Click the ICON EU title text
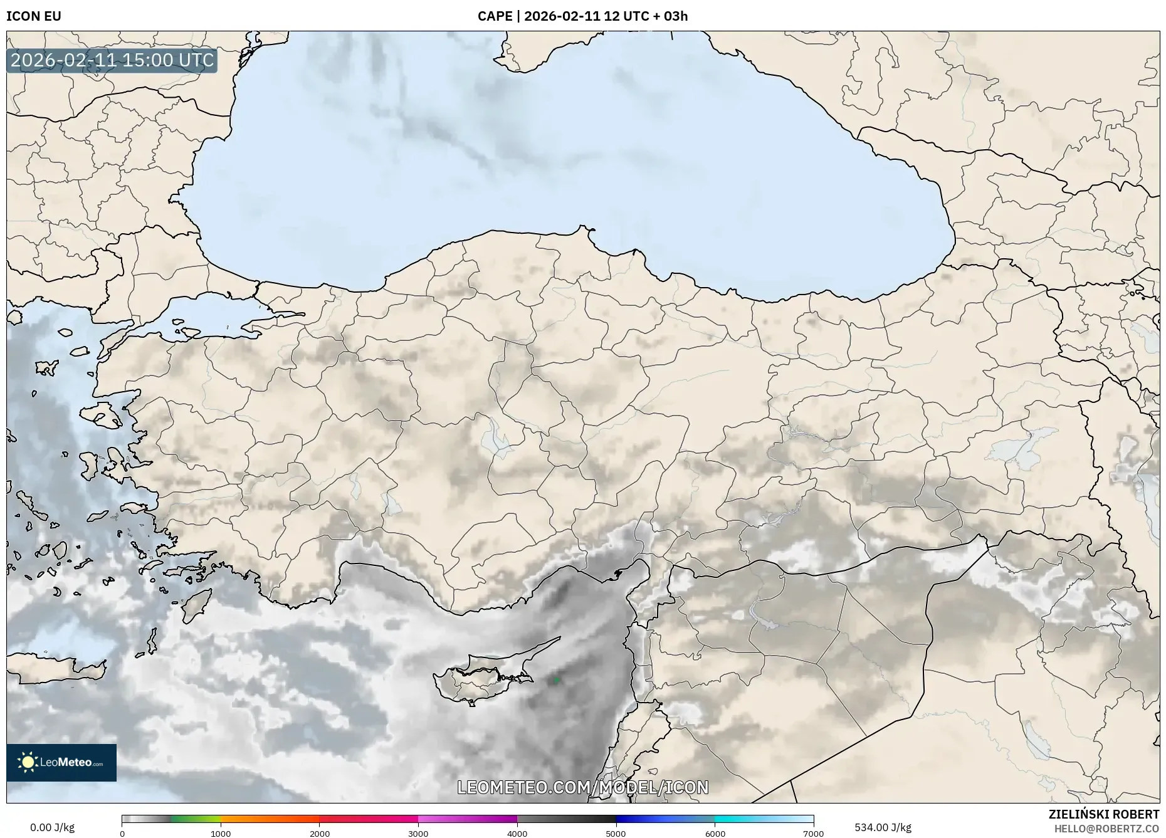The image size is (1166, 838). coord(34,16)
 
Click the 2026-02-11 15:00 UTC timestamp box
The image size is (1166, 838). coord(112,60)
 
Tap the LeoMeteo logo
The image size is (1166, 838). coord(61,762)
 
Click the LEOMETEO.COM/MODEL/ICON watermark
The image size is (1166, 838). coord(583,787)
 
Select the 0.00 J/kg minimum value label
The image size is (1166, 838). coord(52,827)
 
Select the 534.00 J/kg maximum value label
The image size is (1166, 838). coord(883,827)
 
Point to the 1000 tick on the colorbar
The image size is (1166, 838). coord(221,834)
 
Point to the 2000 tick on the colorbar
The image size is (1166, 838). coord(320,834)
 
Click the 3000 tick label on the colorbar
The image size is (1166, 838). coord(418,834)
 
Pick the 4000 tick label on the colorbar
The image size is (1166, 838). coord(517,834)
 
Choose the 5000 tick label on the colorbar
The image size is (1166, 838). coord(616,834)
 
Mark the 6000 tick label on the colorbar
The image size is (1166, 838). coord(715,834)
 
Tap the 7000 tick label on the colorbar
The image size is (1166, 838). coord(813,834)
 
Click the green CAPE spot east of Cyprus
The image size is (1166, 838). coord(556,679)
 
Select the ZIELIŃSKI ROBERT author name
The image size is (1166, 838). coord(1103,814)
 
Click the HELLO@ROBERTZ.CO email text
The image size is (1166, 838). coord(1106,829)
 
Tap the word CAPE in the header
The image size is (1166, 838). coord(495,16)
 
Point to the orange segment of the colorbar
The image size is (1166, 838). coord(270,819)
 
